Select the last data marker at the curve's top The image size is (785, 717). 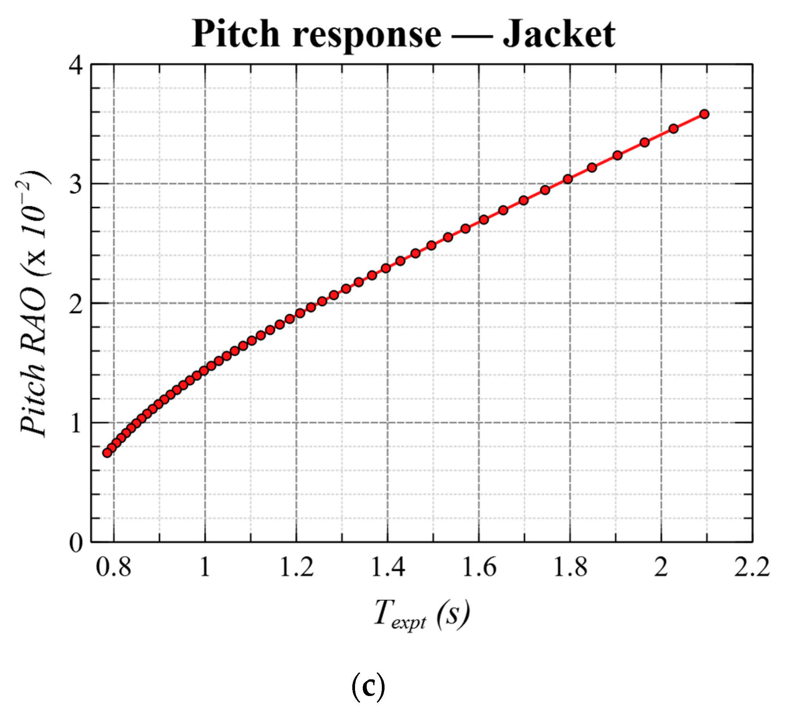(704, 114)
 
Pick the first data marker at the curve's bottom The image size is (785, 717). (107, 452)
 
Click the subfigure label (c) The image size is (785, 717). (368, 687)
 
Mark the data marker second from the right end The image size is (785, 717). (673, 129)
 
